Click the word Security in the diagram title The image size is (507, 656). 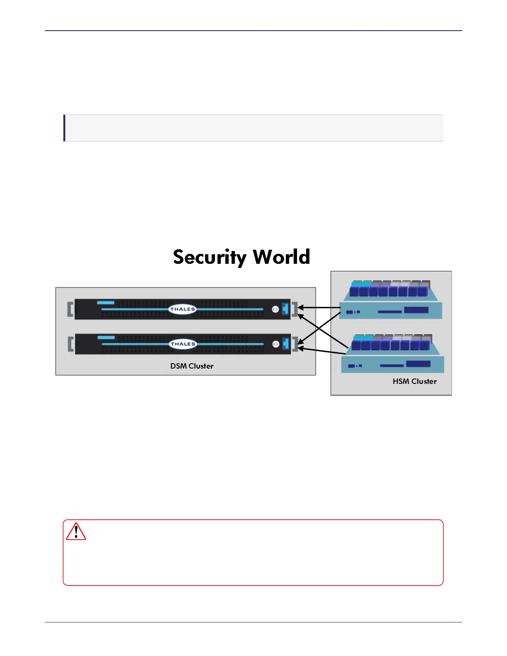210,257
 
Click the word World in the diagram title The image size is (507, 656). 281,257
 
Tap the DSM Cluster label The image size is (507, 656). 192,366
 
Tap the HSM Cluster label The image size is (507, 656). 415,381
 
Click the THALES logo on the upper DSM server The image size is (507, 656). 182,309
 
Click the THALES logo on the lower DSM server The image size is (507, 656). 182,344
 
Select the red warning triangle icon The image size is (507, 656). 76,532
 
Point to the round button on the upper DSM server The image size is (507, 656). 275,309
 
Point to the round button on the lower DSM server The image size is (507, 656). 275,344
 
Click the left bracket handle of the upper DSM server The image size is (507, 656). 70,309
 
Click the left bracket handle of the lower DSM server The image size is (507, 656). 70,344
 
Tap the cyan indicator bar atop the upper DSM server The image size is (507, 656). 106,303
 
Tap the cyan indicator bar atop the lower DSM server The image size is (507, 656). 106,338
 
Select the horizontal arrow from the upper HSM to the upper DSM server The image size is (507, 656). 319,307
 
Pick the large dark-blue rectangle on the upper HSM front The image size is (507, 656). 416,310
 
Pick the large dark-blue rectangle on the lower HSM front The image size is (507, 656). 418,364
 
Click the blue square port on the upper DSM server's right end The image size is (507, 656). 285,309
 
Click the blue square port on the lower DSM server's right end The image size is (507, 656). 285,344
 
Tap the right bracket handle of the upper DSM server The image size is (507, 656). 295,309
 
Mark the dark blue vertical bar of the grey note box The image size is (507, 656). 64,128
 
